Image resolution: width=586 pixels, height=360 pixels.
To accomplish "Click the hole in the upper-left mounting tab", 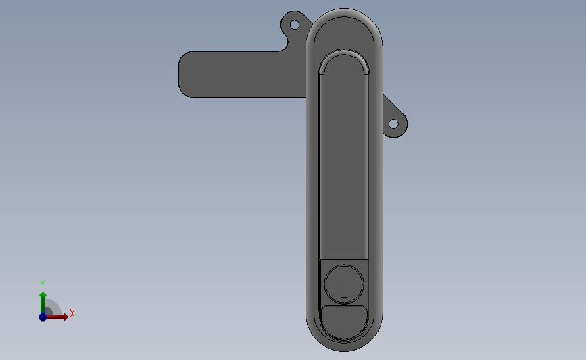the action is pyautogui.click(x=295, y=25).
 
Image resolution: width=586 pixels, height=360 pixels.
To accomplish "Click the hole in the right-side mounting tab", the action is pyautogui.click(x=393, y=124).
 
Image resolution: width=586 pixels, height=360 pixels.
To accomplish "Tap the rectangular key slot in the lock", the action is pyautogui.click(x=344, y=284).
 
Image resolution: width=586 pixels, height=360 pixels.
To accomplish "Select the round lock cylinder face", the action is pyautogui.click(x=344, y=284).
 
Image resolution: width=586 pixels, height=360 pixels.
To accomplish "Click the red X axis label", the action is pyautogui.click(x=72, y=313).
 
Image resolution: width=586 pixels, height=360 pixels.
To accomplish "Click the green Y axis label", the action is pyautogui.click(x=42, y=284).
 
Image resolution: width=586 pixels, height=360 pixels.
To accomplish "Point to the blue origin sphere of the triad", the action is pyautogui.click(x=43, y=317).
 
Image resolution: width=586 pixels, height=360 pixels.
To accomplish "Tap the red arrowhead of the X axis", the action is pyautogui.click(x=66, y=317).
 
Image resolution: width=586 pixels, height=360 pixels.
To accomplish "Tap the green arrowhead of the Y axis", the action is pyautogui.click(x=43, y=294).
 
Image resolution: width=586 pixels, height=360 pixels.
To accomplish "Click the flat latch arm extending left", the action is pyautogui.click(x=242, y=74).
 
